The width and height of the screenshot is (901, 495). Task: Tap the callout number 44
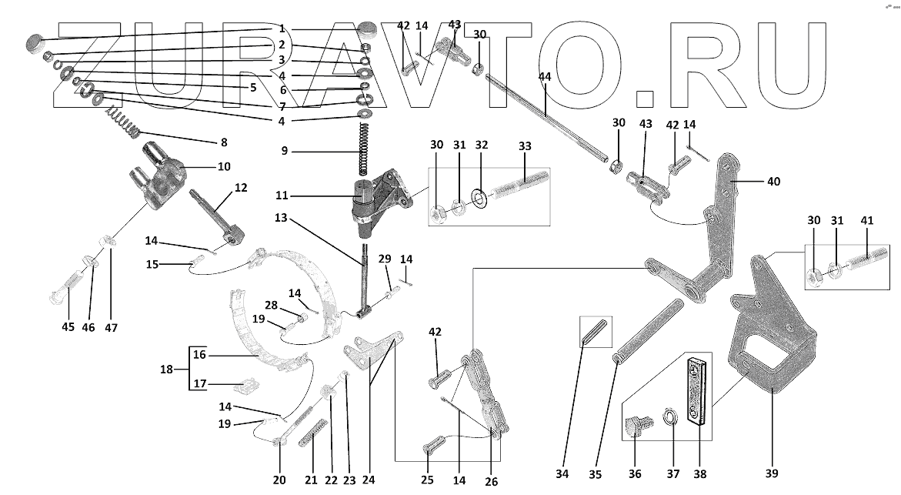tap(546, 77)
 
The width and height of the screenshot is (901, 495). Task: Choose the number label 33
tap(526, 145)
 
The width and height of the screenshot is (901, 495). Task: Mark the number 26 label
tap(492, 482)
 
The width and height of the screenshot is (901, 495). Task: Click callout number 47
tap(112, 327)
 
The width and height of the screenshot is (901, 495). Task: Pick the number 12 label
tap(241, 187)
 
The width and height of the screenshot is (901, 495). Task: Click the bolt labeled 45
tap(66, 284)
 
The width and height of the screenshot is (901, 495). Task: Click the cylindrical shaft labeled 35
tap(647, 332)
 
